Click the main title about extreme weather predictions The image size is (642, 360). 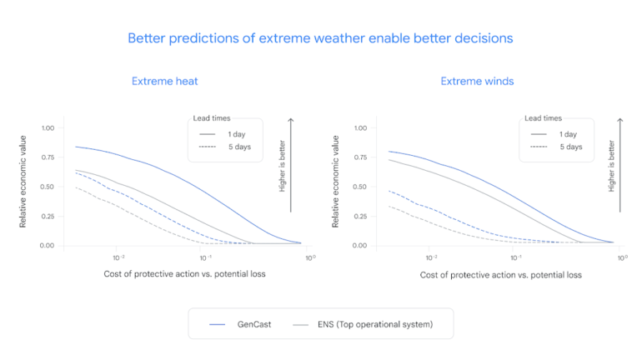(320, 38)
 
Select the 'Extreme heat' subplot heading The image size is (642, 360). (164, 81)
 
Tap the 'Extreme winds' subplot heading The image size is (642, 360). (477, 81)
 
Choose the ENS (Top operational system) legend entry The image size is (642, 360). (363, 323)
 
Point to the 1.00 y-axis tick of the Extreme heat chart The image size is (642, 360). (48, 128)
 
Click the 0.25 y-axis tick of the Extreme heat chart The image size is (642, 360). (48, 207)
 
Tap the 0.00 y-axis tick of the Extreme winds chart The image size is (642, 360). (361, 246)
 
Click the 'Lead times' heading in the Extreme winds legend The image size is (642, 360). (543, 118)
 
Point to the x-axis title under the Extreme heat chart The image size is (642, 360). (185, 274)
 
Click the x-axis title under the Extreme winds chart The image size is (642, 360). (500, 274)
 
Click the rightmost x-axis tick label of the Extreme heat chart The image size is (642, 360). (308, 257)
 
